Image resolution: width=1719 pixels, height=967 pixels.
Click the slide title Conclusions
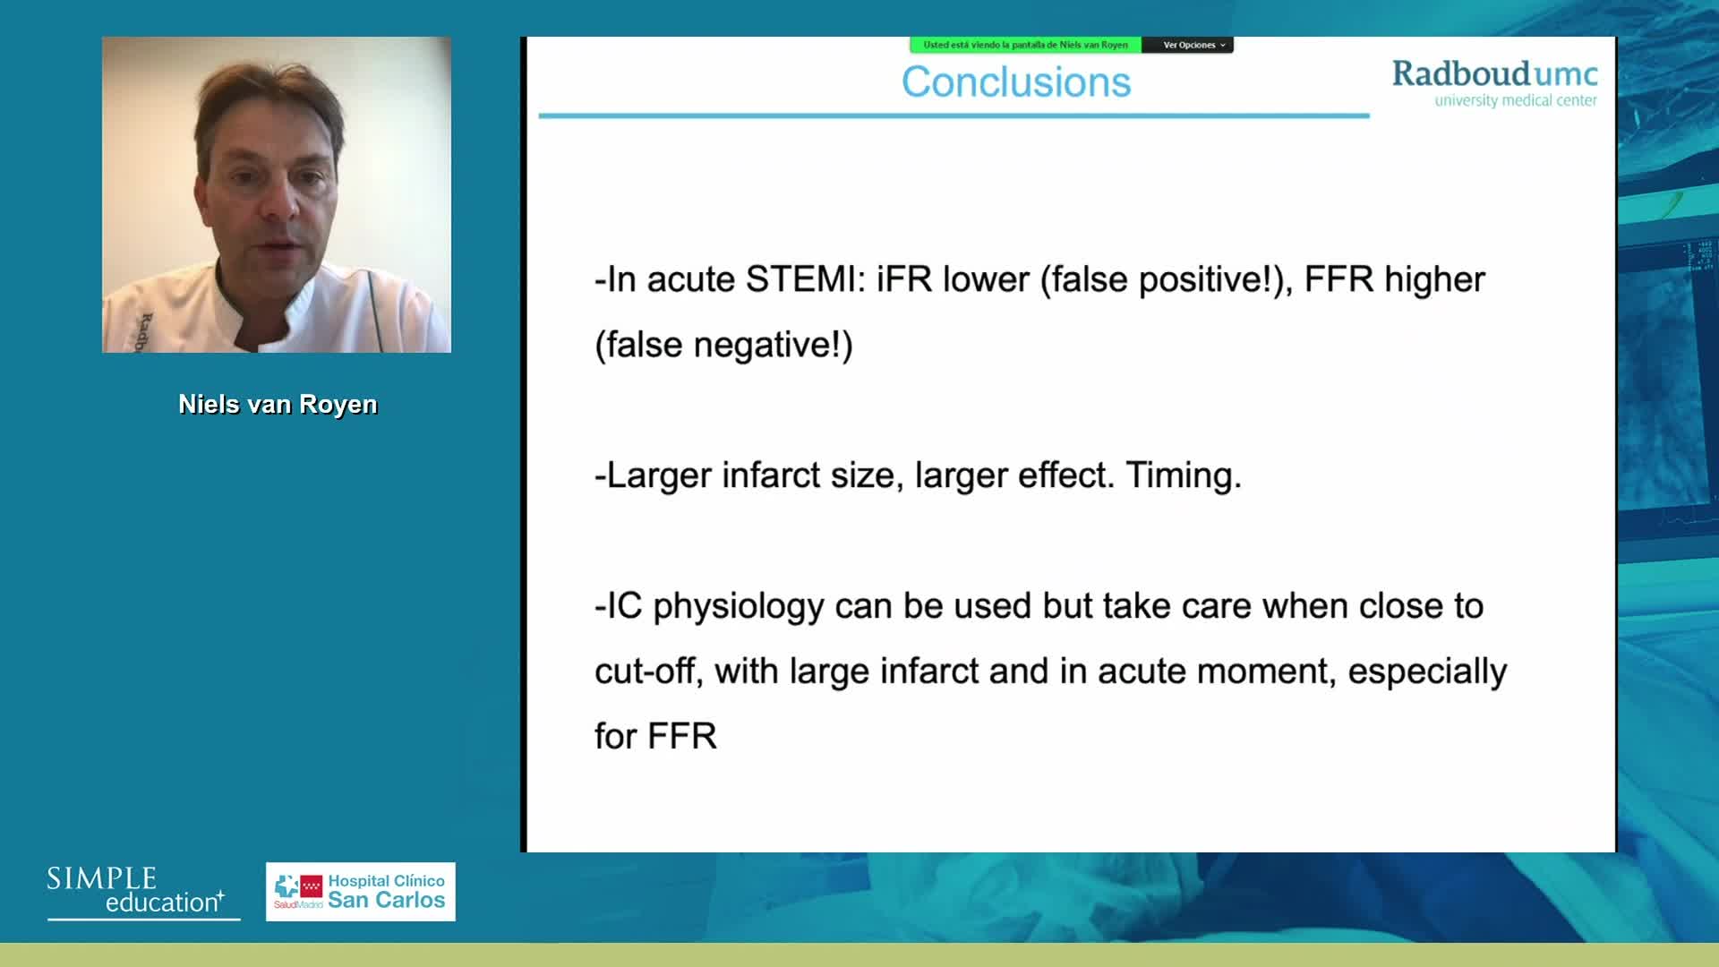(x=1016, y=82)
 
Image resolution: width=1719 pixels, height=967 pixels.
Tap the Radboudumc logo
(x=1494, y=83)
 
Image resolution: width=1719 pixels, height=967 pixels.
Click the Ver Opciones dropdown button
(x=1188, y=45)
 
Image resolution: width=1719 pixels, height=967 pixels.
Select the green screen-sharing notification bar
(x=1025, y=45)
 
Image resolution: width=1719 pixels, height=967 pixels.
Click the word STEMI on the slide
(x=800, y=279)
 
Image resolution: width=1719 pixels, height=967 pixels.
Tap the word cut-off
(x=645, y=672)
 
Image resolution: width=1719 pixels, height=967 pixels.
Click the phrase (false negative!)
(x=723, y=345)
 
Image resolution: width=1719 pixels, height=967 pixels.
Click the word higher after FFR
(x=1435, y=280)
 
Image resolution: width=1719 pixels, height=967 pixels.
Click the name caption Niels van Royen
(x=278, y=405)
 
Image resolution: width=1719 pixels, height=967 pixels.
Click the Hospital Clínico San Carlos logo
(x=360, y=892)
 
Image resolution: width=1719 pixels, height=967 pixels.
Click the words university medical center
(x=1516, y=100)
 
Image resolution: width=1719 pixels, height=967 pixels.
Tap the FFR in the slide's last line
(x=682, y=737)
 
